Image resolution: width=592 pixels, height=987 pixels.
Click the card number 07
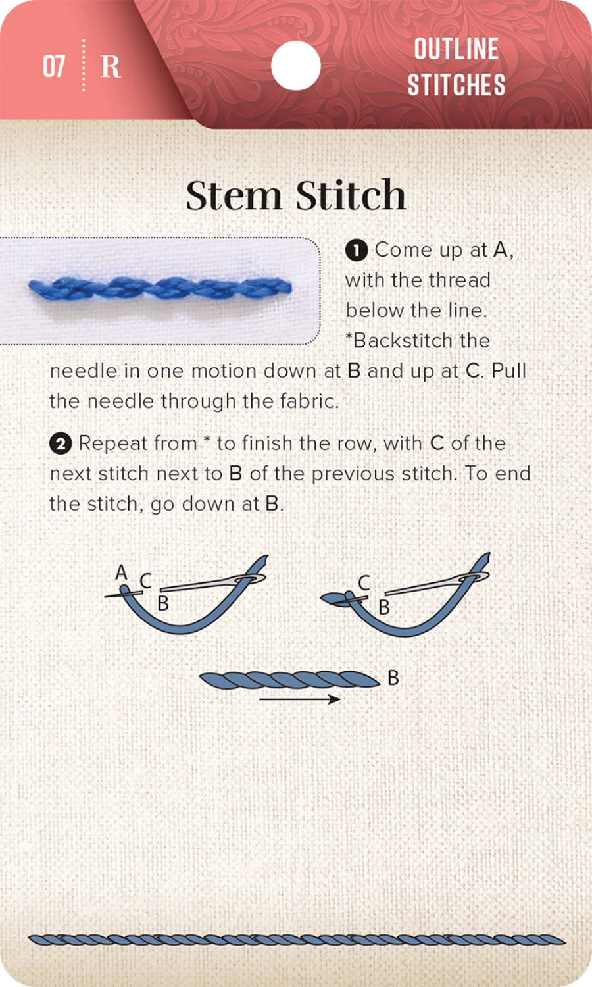click(54, 66)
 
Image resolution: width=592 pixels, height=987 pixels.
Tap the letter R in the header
click(111, 66)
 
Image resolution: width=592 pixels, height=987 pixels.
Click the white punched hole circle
click(295, 66)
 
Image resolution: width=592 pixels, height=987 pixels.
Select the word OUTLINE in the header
click(456, 49)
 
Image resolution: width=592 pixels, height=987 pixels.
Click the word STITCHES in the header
click(456, 85)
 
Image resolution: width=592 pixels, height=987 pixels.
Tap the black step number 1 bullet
click(356, 251)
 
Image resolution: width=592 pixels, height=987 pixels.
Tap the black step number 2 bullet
click(61, 444)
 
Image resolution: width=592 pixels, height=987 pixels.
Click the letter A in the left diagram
click(121, 572)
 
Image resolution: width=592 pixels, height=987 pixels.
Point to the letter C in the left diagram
click(145, 580)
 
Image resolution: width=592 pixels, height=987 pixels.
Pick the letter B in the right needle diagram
click(384, 607)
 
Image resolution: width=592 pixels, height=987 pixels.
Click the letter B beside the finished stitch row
click(393, 677)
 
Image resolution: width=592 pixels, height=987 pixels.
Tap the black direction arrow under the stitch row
click(300, 699)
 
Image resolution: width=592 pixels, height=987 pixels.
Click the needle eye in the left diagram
click(251, 578)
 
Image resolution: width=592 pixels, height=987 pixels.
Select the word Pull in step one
click(509, 371)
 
